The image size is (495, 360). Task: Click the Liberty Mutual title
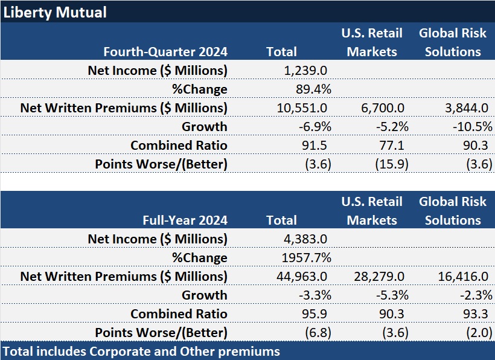coord(55,11)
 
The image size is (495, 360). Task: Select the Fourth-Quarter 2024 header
coord(165,52)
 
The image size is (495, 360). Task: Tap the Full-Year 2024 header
coord(185,220)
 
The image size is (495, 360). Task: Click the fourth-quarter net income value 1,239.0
coord(307,71)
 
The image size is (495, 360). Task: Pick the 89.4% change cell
coord(311,89)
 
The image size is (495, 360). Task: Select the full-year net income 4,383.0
coord(307,239)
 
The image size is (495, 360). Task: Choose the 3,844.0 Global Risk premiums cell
coord(465,108)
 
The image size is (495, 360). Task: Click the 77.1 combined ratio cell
coord(391,146)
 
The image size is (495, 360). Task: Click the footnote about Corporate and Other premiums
coord(142,352)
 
